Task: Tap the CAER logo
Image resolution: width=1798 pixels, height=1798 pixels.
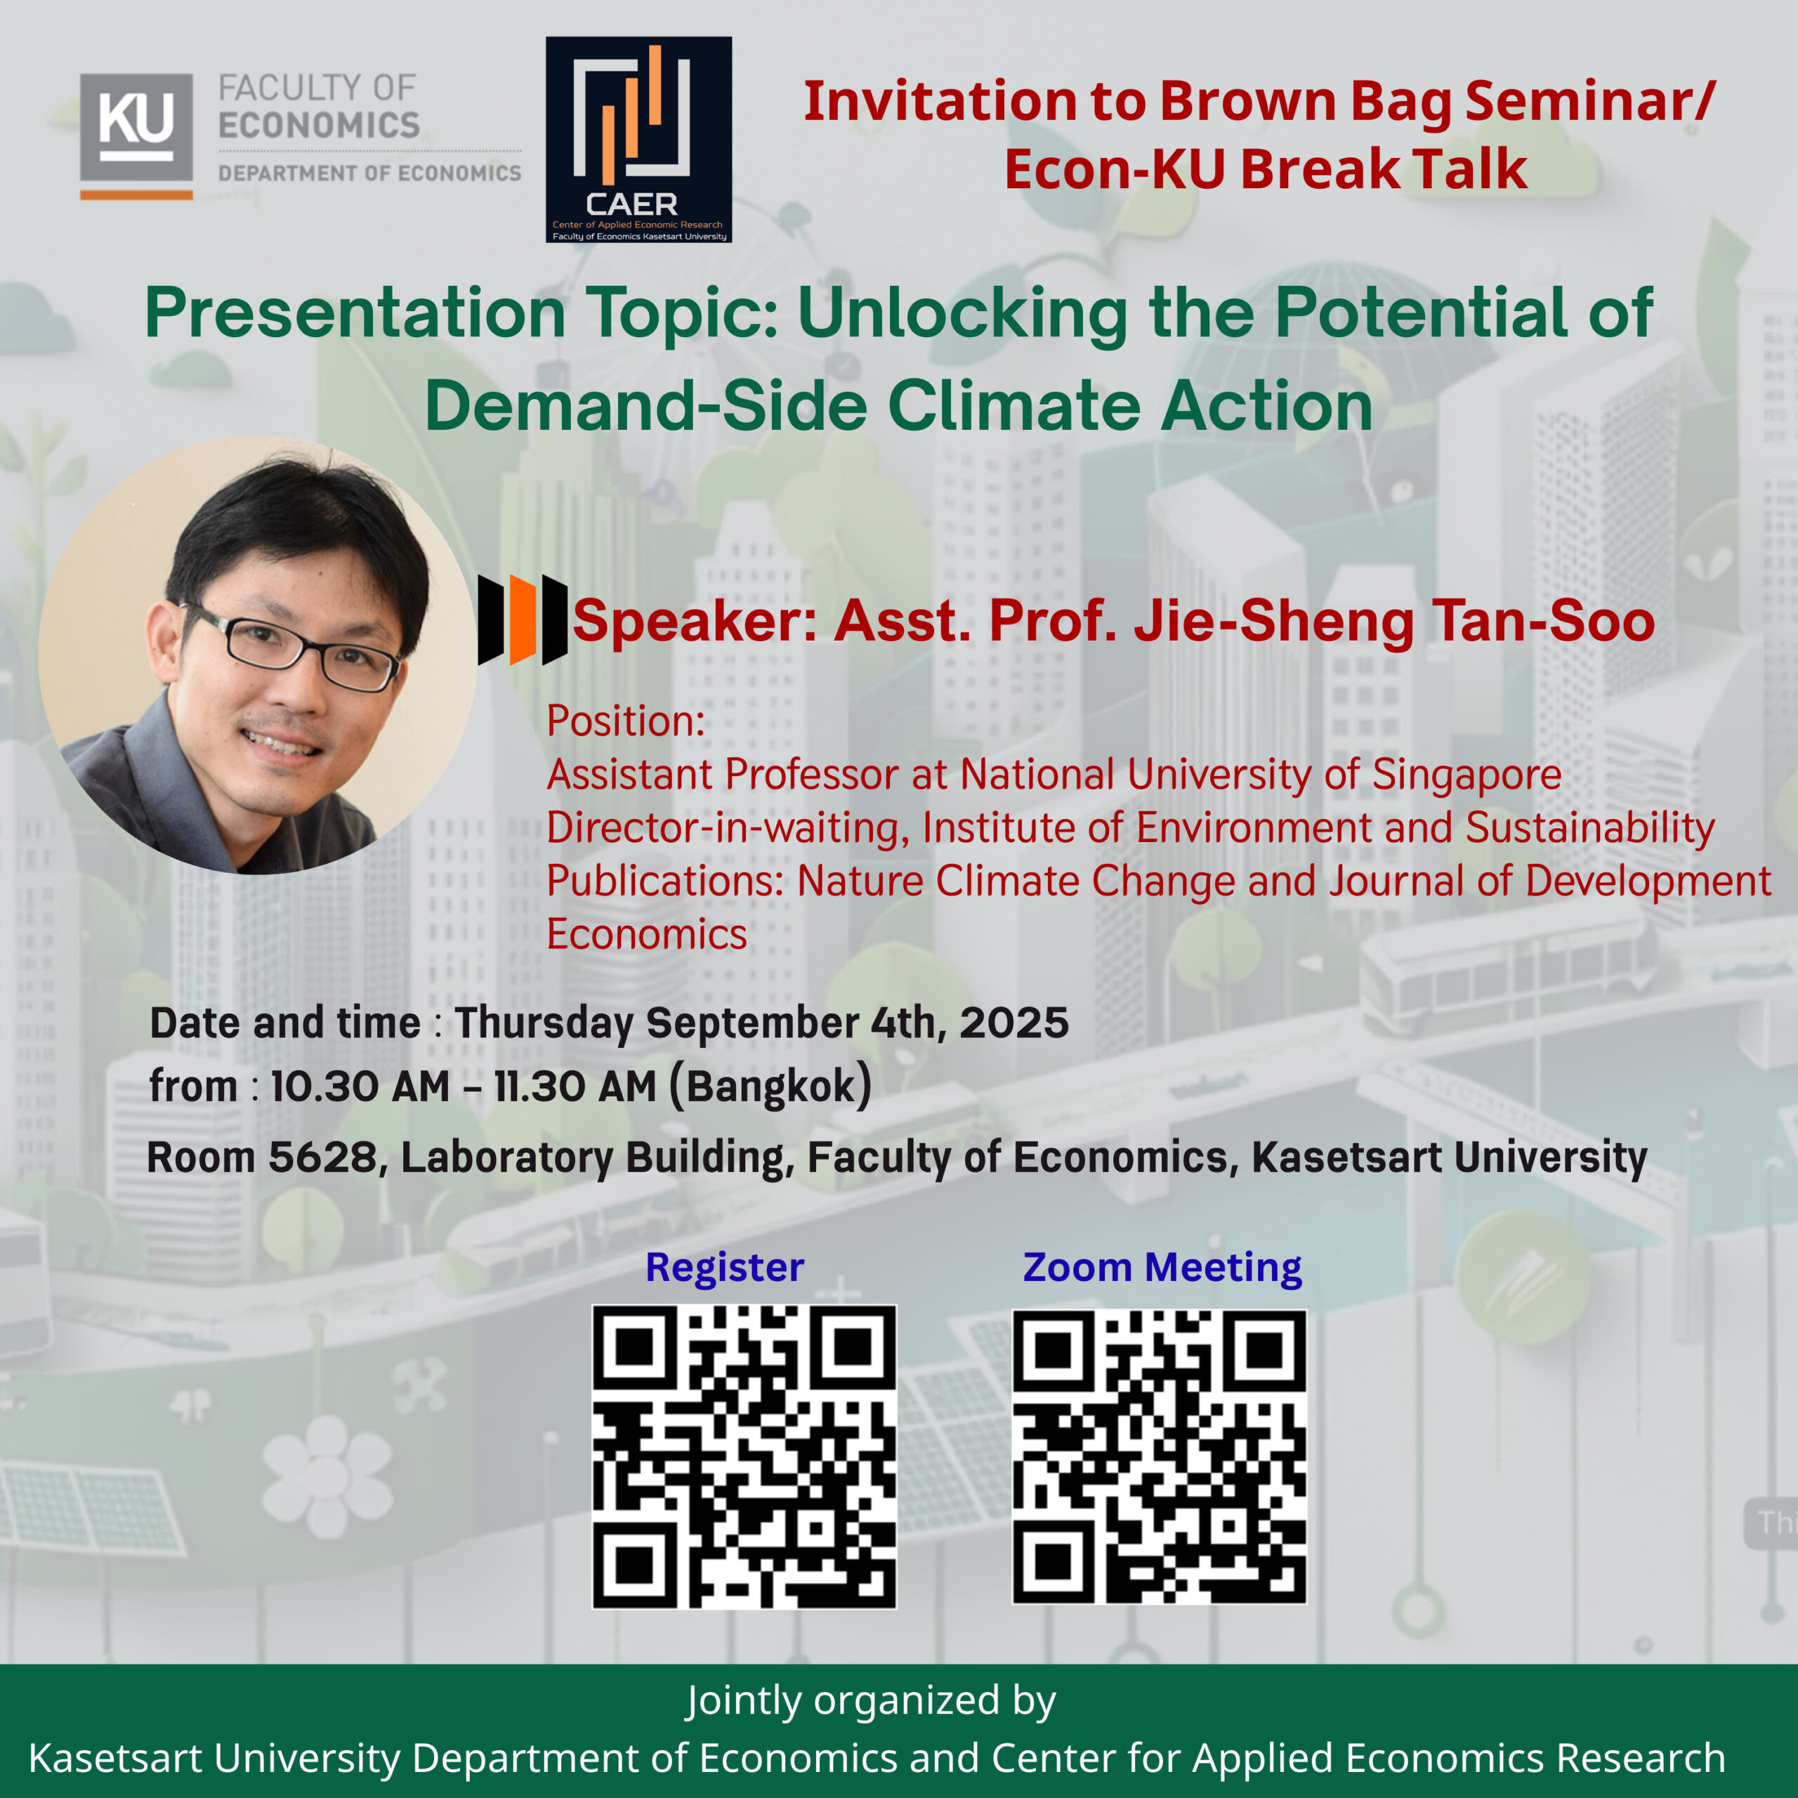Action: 638,140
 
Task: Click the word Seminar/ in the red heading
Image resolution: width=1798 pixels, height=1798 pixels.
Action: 1591,100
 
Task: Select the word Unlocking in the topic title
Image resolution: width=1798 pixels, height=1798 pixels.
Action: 962,315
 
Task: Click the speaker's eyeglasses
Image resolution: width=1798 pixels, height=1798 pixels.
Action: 293,645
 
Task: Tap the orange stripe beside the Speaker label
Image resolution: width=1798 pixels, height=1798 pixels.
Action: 522,619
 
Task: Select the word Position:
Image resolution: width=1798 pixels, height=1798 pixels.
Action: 625,721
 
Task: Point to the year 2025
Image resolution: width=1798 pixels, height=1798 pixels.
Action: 1014,1023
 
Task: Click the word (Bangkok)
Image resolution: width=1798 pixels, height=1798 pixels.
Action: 770,1086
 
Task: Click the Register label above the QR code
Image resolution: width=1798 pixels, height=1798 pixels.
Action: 724,1266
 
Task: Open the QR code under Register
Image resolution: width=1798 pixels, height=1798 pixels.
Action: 744,1457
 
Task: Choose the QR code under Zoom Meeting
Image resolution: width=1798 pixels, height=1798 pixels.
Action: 1159,1457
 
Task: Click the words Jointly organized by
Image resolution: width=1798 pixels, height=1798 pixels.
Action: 870,1700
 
